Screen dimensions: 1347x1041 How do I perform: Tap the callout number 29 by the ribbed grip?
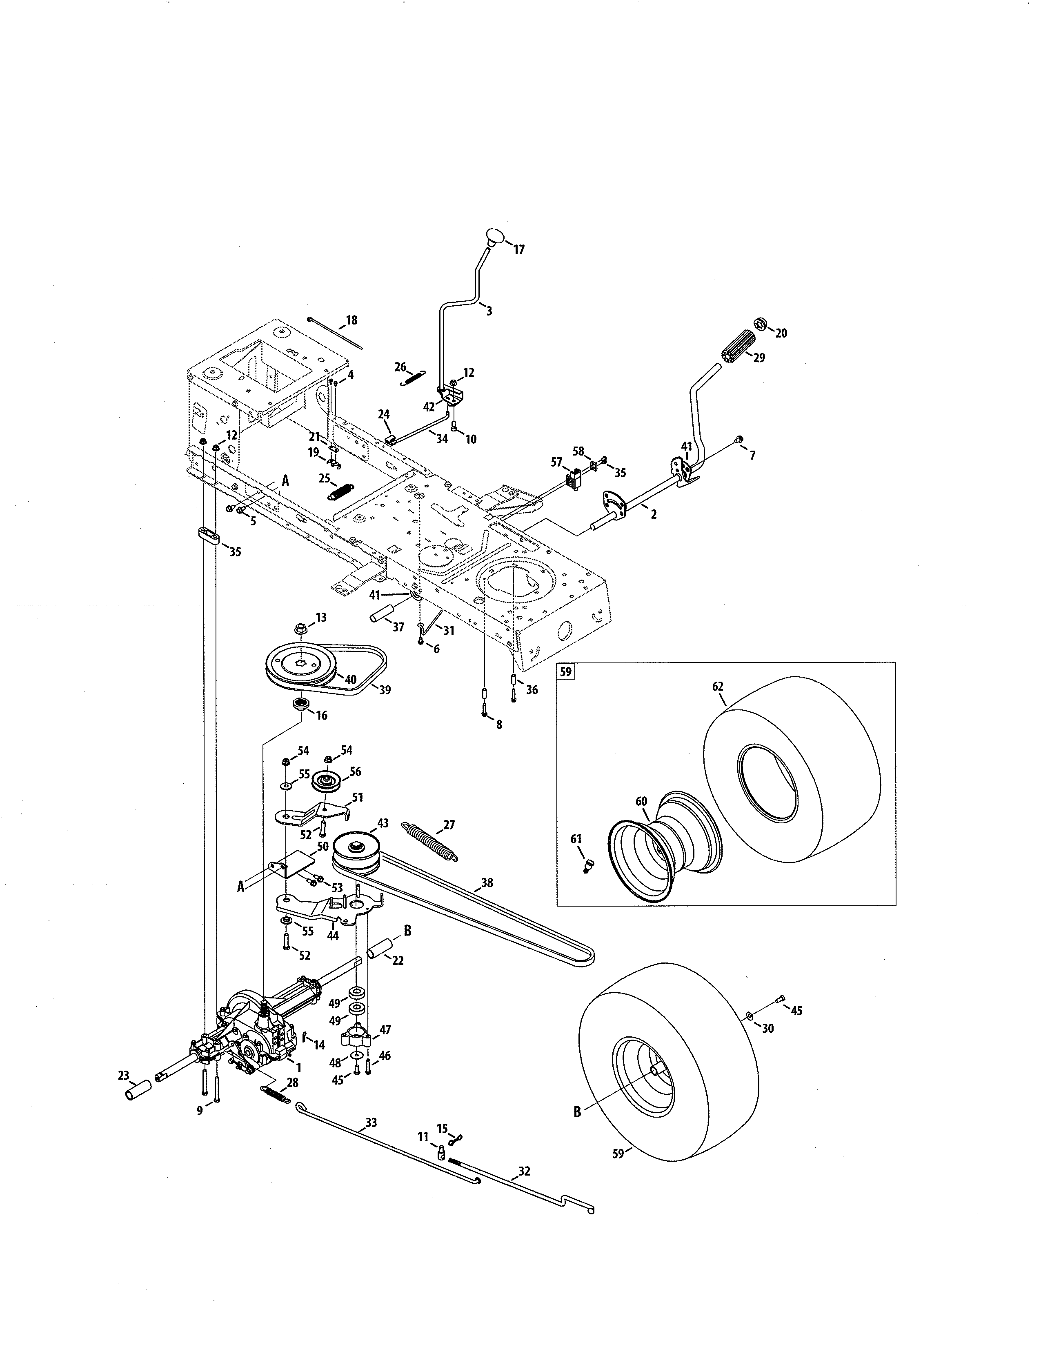[759, 358]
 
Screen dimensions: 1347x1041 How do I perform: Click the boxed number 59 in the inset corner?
[565, 671]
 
